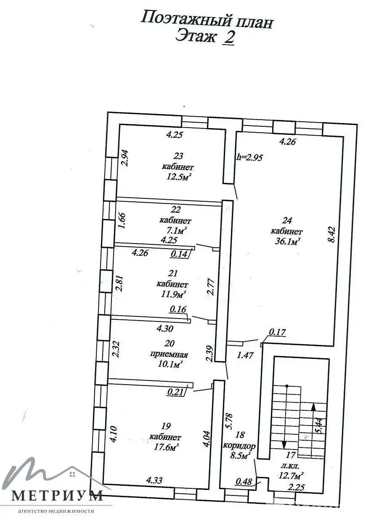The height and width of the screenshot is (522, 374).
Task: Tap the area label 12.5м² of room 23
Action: point(177,177)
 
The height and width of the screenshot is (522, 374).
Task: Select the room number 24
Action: point(287,220)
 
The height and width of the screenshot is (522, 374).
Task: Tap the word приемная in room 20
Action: point(169,354)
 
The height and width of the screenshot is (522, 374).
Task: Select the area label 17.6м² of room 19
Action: point(166,447)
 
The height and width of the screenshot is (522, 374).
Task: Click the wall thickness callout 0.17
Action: point(277,332)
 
